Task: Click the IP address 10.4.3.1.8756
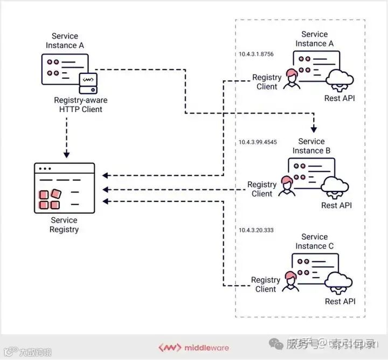257,54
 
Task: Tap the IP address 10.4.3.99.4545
258,142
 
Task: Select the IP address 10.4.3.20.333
257,230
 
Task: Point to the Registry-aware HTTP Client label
81,105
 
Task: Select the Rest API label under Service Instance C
340,301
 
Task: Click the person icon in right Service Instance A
292,79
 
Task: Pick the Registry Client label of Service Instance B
262,189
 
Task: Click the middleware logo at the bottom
193,348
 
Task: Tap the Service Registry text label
64,225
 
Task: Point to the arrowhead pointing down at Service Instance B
314,129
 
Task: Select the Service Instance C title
314,241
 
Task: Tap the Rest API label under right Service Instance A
339,99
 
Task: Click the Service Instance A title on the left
65,41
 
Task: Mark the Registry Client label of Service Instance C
266,285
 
